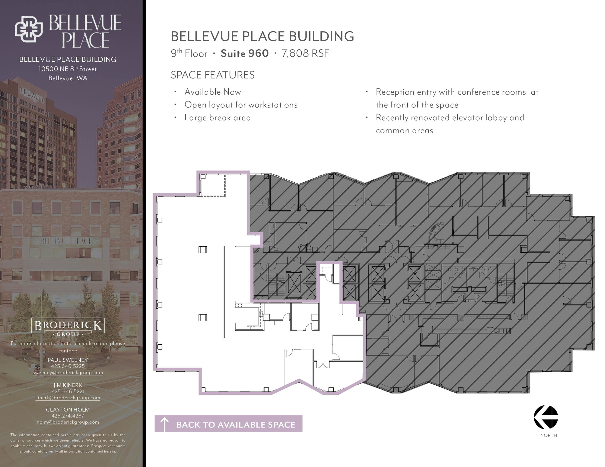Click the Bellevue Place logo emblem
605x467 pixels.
(29, 30)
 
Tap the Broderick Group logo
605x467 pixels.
(68, 327)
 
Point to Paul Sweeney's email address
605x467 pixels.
(68, 373)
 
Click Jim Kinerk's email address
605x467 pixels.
(68, 398)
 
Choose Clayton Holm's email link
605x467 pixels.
(68, 422)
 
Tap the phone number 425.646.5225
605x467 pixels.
(68, 366)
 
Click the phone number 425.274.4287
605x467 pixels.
(68, 416)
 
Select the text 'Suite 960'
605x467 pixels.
(245, 53)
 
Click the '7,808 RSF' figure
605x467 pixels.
(305, 54)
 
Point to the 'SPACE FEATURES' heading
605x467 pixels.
(213, 75)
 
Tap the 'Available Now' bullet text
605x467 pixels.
(213, 92)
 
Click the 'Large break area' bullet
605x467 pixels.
(218, 118)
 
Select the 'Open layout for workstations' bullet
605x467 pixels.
(241, 105)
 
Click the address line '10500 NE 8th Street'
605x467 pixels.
(68, 69)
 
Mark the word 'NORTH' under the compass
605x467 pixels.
(549, 435)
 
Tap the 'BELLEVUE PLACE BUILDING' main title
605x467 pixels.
(262, 36)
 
